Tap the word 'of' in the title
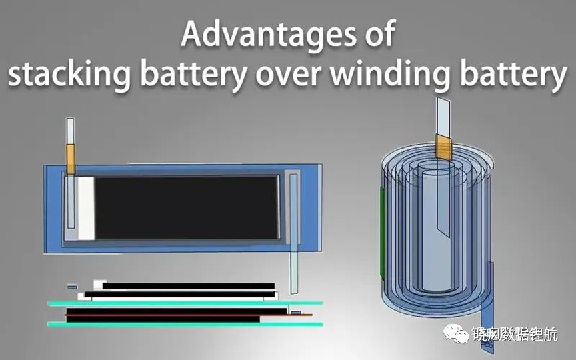pyautogui.click(x=380, y=34)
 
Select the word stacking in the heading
pyautogui.click(x=69, y=74)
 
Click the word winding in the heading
pyautogui.click(x=390, y=74)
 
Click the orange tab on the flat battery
pyautogui.click(x=70, y=159)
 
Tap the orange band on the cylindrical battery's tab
pyautogui.click(x=443, y=147)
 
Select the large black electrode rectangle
pyautogui.click(x=187, y=208)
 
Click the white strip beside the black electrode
pyautogui.click(x=86, y=208)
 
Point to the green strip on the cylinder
pyautogui.click(x=382, y=232)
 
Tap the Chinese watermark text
pyautogui.click(x=514, y=334)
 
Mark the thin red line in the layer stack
pyautogui.click(x=189, y=315)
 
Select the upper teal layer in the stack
pyautogui.click(x=185, y=303)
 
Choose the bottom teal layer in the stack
pyautogui.click(x=185, y=325)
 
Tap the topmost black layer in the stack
pyautogui.click(x=189, y=286)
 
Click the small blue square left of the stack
pyautogui.click(x=73, y=286)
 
